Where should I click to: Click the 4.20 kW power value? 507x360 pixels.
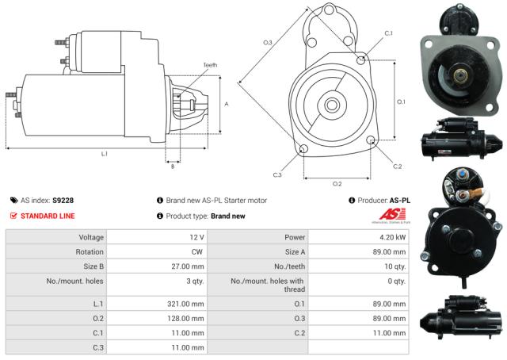[394, 237]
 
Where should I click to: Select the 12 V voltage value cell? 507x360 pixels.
[196, 237]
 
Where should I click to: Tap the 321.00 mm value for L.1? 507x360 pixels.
[187, 304]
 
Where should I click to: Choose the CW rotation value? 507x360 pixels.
[198, 251]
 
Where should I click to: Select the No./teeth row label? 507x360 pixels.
[290, 266]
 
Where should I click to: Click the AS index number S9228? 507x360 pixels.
[63, 201]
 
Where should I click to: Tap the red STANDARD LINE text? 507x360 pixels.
[48, 216]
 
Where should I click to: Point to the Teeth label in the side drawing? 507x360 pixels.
[209, 65]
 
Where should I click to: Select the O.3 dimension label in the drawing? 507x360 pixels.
[268, 42]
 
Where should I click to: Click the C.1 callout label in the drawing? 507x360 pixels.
[388, 33]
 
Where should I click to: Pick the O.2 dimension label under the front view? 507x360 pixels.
[337, 183]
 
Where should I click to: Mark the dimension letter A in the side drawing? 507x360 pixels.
[227, 104]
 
